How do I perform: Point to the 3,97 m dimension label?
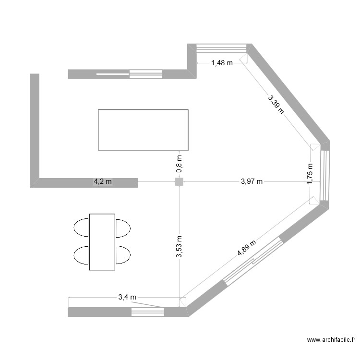pyautogui.click(x=251, y=181)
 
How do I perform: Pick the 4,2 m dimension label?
pyautogui.click(x=102, y=181)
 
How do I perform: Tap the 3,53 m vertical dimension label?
pyautogui.click(x=179, y=247)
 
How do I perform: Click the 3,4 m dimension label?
pyautogui.click(x=127, y=297)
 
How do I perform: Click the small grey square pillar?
pyautogui.click(x=179, y=181)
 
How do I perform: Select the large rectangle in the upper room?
pyautogui.click(x=143, y=130)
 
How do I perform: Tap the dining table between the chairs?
pyautogui.click(x=102, y=241)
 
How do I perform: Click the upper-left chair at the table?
pyautogui.click(x=81, y=227)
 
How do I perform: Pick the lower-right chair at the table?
pyautogui.click(x=123, y=254)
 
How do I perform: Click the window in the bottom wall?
pyautogui.click(x=148, y=312)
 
